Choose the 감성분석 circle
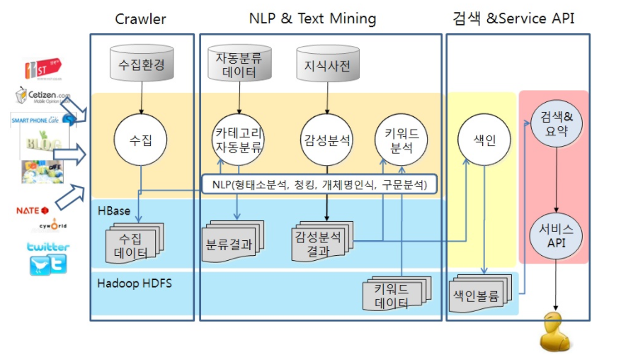[326, 140]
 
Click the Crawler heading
[142, 18]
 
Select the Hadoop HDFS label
[135, 283]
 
